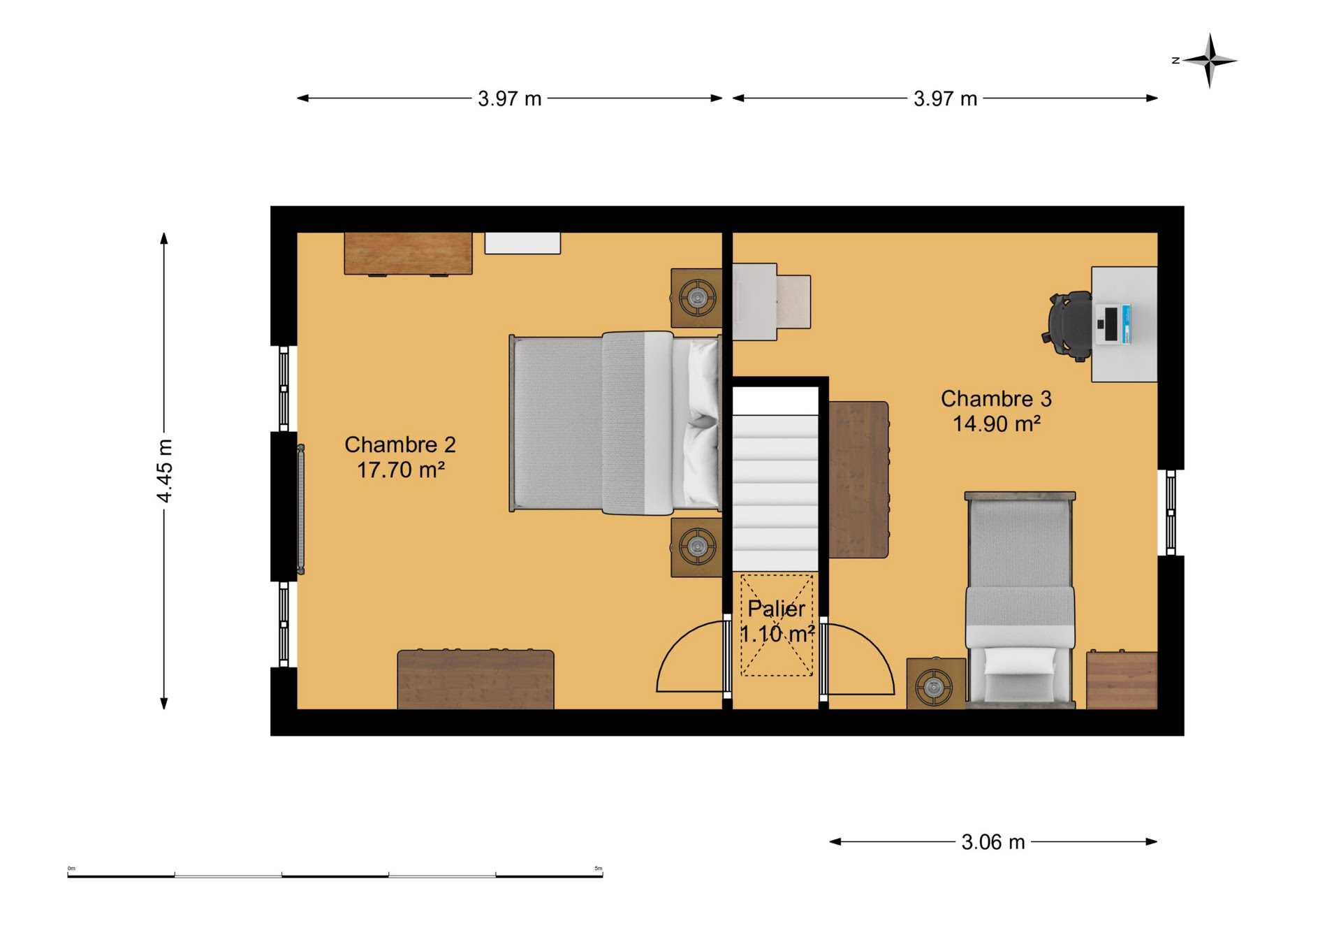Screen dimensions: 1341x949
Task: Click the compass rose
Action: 1210,61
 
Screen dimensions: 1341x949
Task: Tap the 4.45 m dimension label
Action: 164,470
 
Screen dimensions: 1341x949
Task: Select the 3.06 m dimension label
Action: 992,842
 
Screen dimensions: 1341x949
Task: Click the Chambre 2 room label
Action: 400,444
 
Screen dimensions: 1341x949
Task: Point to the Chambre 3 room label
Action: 996,398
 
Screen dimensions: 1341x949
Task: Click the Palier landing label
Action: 776,609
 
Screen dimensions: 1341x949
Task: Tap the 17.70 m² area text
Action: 401,470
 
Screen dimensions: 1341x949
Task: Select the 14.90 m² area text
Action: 997,423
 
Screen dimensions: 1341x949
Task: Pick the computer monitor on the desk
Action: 1114,324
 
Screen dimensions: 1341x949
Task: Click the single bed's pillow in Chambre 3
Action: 1020,661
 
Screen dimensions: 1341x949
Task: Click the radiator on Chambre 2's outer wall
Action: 301,509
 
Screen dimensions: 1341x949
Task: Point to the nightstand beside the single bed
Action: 936,683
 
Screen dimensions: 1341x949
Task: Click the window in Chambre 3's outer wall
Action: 1171,513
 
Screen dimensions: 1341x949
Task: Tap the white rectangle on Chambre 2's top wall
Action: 522,243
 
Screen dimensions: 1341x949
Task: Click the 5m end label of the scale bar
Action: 599,869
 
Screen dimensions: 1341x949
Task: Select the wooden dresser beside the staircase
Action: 858,479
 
